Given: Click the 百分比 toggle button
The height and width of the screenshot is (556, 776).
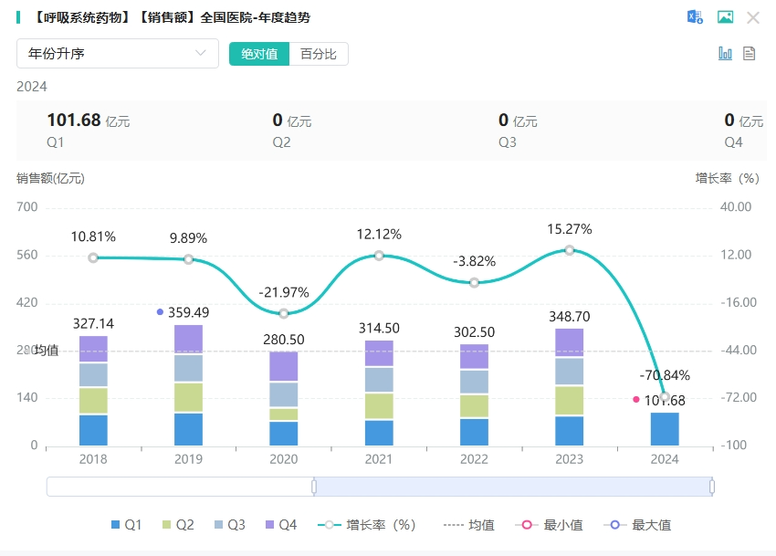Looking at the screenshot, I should point(319,54).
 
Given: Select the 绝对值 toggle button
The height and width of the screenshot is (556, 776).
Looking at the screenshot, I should point(259,54).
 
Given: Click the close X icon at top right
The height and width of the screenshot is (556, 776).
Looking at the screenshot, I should point(753,17).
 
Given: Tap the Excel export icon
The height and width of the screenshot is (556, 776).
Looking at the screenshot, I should point(695,17).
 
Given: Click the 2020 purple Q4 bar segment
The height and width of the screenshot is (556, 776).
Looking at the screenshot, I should point(284,366).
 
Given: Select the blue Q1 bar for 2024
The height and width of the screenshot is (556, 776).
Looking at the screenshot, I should point(665,429).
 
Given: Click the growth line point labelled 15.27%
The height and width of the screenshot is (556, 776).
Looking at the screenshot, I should point(570,250).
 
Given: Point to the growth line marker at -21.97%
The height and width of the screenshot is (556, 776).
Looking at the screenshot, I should point(284,313).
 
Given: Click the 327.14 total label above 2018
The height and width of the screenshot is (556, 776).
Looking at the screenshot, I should point(93,323).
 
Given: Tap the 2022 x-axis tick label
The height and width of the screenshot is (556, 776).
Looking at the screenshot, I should point(474,459).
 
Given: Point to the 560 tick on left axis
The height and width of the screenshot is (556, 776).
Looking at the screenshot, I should point(27,255).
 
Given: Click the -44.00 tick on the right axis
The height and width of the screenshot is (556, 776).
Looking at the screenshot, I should point(736,350).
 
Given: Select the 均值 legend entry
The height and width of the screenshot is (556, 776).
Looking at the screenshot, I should point(470,525).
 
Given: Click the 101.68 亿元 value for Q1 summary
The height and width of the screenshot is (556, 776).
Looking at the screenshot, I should point(88,121).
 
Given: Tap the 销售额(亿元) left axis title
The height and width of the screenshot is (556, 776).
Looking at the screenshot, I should point(50,178).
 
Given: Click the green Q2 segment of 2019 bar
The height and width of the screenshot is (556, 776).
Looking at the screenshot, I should point(189,397).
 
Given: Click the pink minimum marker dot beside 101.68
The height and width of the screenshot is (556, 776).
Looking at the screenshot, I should point(636,399).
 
